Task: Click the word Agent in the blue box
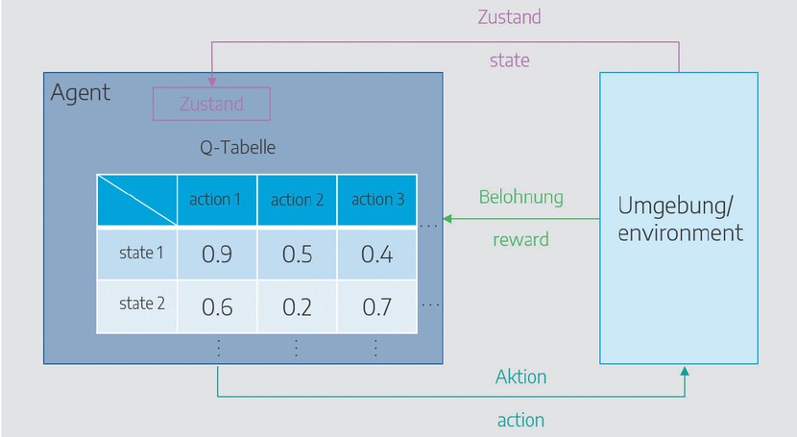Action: [x=81, y=93]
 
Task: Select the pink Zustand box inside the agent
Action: [x=212, y=104]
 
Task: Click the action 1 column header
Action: [x=216, y=200]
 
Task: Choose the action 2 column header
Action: [x=297, y=200]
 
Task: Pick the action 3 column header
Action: [x=377, y=200]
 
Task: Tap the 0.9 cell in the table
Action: [x=216, y=255]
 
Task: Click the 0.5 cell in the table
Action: [x=297, y=255]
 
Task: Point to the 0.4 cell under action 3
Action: [x=376, y=255]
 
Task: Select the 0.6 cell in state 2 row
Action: [x=216, y=306]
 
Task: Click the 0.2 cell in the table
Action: [x=297, y=306]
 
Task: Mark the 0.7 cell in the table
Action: [x=376, y=306]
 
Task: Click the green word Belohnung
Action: [x=520, y=198]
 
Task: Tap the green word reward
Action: [x=520, y=239]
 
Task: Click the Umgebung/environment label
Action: [x=680, y=219]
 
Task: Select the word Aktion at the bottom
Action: [x=521, y=376]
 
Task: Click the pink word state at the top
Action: [x=510, y=60]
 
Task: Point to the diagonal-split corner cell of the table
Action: [x=136, y=201]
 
